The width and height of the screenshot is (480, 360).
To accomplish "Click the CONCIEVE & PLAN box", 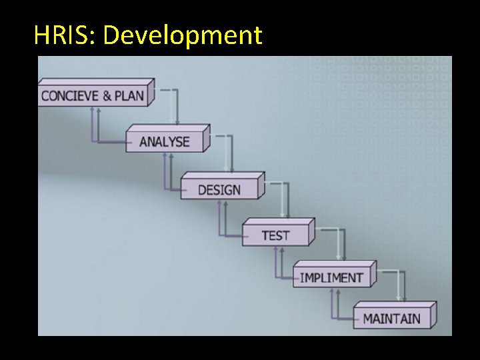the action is coord(94,95).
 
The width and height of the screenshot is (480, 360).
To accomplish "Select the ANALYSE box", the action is coord(165,141).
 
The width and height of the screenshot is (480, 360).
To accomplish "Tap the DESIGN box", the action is coord(219,189).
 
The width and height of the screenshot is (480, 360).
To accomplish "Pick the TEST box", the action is coord(275,235).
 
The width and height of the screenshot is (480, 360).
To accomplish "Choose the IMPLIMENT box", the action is coord(331,277).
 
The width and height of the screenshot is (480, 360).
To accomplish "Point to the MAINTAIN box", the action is coord(391,317).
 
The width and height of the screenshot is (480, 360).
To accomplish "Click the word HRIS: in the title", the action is coord(65,35).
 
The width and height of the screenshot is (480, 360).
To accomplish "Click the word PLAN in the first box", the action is coord(129,95).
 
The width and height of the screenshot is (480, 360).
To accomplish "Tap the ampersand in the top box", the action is coord(107,95).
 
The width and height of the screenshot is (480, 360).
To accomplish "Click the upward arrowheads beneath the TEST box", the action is coord(277,251).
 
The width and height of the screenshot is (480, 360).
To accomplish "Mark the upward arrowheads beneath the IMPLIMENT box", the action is coord(333,294).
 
